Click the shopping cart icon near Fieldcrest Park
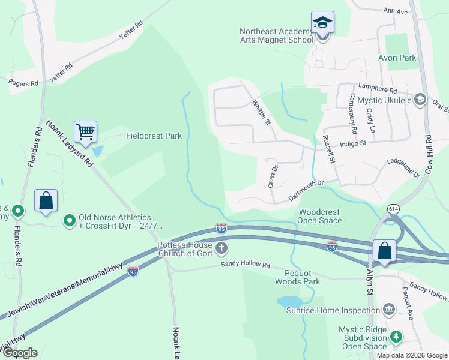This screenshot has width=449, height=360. (x=86, y=131)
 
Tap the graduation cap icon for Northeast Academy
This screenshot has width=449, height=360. (x=323, y=23)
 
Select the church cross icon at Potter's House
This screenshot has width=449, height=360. (x=221, y=248)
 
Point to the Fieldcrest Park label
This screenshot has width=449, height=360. (x=154, y=136)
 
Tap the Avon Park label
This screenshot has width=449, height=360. (x=397, y=58)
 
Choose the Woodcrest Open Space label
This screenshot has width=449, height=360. (x=320, y=216)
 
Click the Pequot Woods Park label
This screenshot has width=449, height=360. (x=298, y=277)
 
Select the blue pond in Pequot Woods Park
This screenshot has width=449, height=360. (x=289, y=301)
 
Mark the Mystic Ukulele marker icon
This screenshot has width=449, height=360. (x=420, y=100)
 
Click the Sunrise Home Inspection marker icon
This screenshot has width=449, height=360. (x=389, y=310)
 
